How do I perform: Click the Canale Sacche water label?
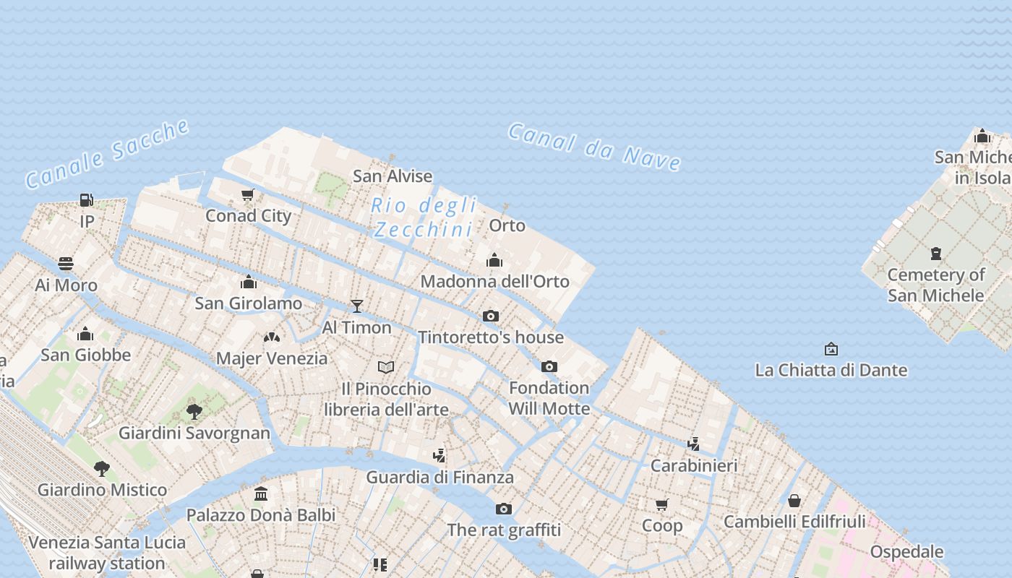107,155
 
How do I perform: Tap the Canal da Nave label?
594,146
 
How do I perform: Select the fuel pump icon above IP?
87,199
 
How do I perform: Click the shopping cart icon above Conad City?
248,194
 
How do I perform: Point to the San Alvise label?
393,176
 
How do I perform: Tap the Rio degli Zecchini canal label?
424,217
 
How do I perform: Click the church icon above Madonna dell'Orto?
494,260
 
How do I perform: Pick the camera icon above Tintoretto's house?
491,316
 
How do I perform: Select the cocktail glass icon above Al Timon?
356,306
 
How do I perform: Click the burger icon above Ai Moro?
66,264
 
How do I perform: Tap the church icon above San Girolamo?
249,282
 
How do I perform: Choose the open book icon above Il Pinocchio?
386,368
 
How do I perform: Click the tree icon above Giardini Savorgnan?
194,412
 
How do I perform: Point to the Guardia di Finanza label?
439,477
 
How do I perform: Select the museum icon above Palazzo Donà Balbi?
261,494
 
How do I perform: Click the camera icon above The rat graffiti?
504,509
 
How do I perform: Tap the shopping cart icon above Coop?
662,504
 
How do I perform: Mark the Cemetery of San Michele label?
936,285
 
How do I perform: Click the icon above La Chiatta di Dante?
831,349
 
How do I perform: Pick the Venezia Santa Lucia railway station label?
107,553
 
